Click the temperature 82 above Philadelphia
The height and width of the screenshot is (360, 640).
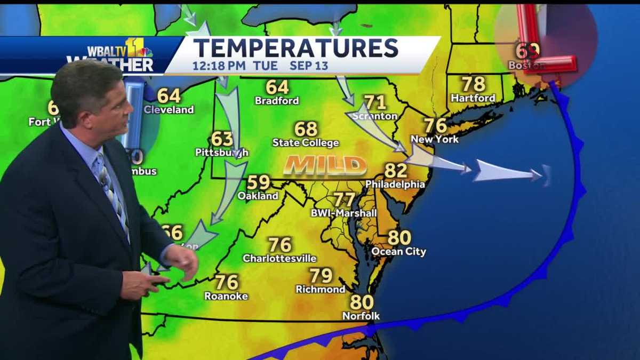tap(396, 171)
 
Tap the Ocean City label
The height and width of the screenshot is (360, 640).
tap(399, 252)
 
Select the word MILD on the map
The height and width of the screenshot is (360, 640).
tap(325, 165)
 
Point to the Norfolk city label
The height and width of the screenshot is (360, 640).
tap(361, 316)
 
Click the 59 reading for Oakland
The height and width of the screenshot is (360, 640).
tap(259, 182)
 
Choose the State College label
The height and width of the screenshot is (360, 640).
tap(306, 143)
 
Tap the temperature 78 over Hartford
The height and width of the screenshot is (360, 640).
tap(473, 84)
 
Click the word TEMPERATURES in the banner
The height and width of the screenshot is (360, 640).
tap(295, 48)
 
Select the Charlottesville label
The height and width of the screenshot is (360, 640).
tap(279, 259)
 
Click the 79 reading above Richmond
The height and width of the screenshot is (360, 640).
tap(321, 276)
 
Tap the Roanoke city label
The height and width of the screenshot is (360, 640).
tap(226, 296)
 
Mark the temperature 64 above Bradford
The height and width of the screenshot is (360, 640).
tap(277, 87)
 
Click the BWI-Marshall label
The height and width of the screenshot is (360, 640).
tap(344, 213)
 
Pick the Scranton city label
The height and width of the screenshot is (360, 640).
tap(375, 116)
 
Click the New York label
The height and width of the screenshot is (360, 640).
tap(435, 140)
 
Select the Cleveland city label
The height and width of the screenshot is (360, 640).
tap(169, 110)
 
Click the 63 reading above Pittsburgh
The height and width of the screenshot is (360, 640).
tap(222, 139)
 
